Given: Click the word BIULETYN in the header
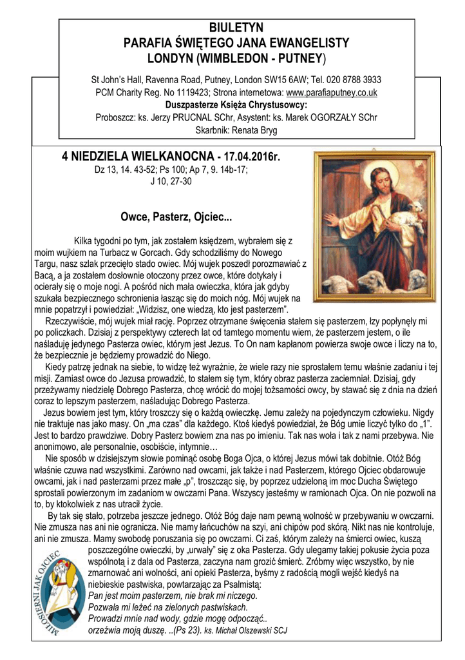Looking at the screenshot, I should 236,28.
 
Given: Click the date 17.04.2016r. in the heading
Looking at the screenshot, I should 253,156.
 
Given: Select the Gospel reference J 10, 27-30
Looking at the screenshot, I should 171,181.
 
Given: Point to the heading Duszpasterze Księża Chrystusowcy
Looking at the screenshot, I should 236,104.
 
